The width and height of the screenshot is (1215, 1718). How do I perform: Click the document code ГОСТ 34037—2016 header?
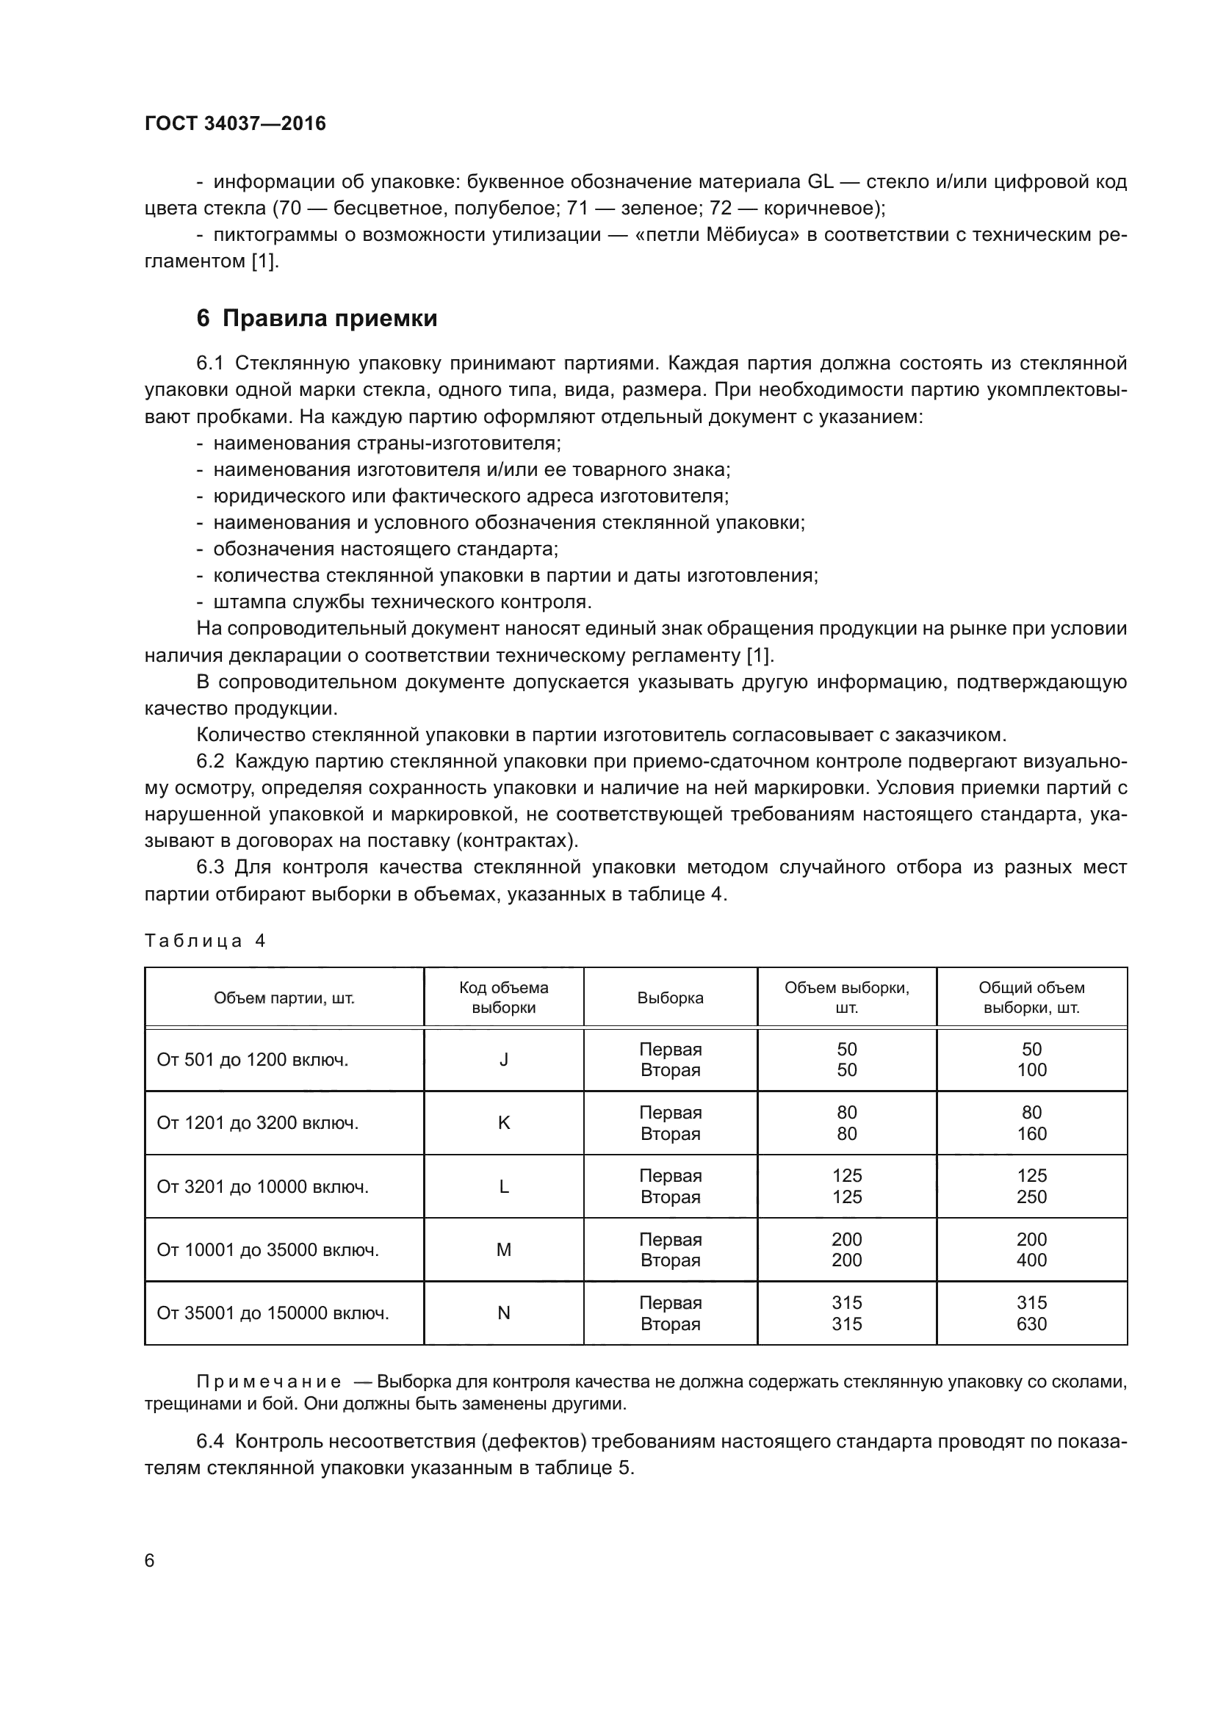235,123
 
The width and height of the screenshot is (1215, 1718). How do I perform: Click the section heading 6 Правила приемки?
317,319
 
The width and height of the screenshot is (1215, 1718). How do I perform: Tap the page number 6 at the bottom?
150,1560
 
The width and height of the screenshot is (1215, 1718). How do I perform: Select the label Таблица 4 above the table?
205,941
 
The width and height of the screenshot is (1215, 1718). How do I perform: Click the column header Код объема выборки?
503,997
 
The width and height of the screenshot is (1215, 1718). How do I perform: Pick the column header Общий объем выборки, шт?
1031,997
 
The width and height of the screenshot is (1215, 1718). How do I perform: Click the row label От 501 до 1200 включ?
252,1060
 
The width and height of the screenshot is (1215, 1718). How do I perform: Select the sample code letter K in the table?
503,1122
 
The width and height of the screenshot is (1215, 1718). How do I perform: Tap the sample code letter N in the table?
503,1313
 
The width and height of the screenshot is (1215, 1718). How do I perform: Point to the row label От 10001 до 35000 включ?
267,1249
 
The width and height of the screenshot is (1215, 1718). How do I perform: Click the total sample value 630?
1031,1324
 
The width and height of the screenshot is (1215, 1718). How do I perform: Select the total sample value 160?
1031,1133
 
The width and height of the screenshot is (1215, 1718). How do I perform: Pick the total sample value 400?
1031,1260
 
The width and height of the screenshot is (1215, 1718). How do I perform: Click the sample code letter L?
503,1187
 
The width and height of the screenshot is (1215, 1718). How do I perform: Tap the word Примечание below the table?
269,1382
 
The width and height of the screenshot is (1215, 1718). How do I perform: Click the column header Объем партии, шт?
284,997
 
